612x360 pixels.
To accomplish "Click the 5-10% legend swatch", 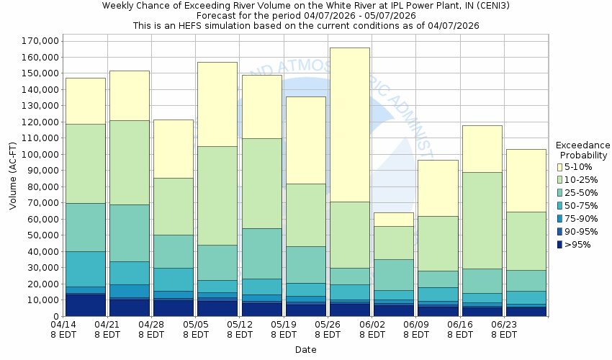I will click(559, 167).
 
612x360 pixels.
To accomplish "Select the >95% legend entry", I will click(559, 245).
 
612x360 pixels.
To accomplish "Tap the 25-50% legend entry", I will click(559, 193).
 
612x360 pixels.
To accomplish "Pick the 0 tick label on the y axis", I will click(55, 316).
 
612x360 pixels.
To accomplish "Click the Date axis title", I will click(306, 350).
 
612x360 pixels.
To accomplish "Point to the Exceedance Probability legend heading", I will click(584, 150).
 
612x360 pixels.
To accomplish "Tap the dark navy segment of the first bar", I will click(85, 305).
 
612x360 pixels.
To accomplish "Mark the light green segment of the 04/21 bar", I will click(129, 162).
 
